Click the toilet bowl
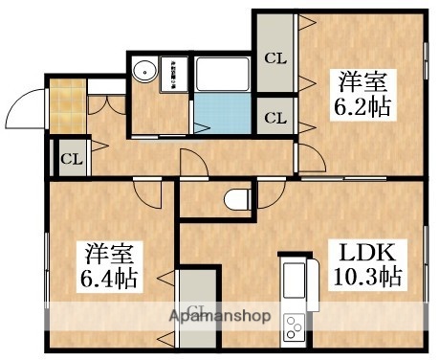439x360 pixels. (x=235, y=199)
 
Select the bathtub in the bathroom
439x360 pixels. (x=222, y=76)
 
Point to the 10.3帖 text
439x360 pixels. (x=367, y=279)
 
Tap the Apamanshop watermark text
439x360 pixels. (x=220, y=316)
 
